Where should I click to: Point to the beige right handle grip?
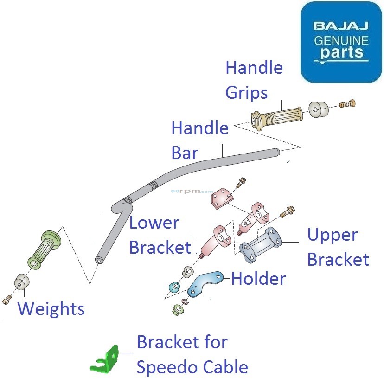point(277,116)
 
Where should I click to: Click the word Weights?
point(51,309)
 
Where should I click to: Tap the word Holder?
point(258,279)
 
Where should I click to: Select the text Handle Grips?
point(254,80)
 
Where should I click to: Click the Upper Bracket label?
point(338,247)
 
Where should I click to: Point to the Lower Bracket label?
point(160,235)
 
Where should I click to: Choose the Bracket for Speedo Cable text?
point(192,355)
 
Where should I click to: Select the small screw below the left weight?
point(6,301)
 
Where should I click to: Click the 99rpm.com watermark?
point(192,191)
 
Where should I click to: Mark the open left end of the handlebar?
point(98,260)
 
